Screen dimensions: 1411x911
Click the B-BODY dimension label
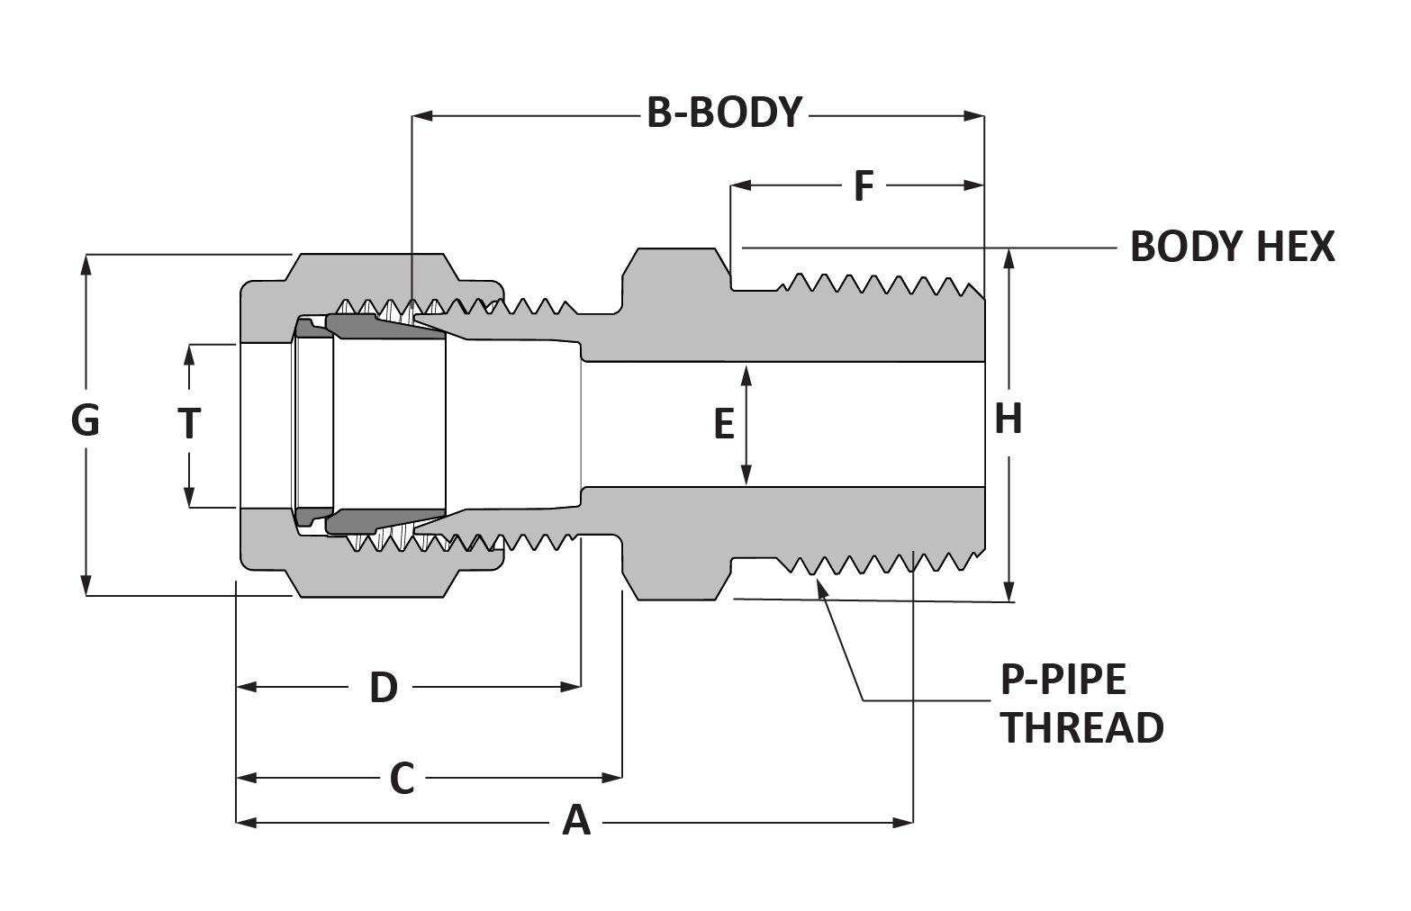(724, 113)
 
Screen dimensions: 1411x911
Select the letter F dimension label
(864, 185)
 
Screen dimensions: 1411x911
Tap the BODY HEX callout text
(1233, 247)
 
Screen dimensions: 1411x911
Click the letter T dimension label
(189, 423)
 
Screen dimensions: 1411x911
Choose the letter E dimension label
(724, 424)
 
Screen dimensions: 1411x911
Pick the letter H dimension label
(1008, 419)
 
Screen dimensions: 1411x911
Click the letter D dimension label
(384, 687)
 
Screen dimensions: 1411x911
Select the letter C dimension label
(402, 779)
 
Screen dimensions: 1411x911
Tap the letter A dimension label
(576, 821)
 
